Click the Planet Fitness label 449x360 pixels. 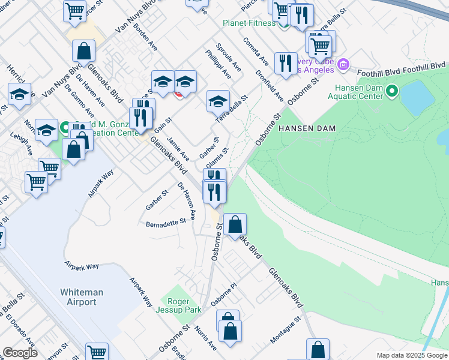click(x=249, y=23)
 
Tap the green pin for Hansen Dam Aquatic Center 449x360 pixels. click(x=392, y=91)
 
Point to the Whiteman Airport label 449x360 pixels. click(x=82, y=297)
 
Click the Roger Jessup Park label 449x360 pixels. click(x=178, y=306)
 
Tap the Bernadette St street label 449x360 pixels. click(x=166, y=223)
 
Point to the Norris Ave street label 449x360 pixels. click(x=205, y=338)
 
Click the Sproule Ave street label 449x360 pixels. click(x=228, y=58)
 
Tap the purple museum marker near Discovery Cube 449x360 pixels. click(x=343, y=64)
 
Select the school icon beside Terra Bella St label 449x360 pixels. click(x=218, y=101)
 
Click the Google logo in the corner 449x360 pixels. click(x=20, y=353)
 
